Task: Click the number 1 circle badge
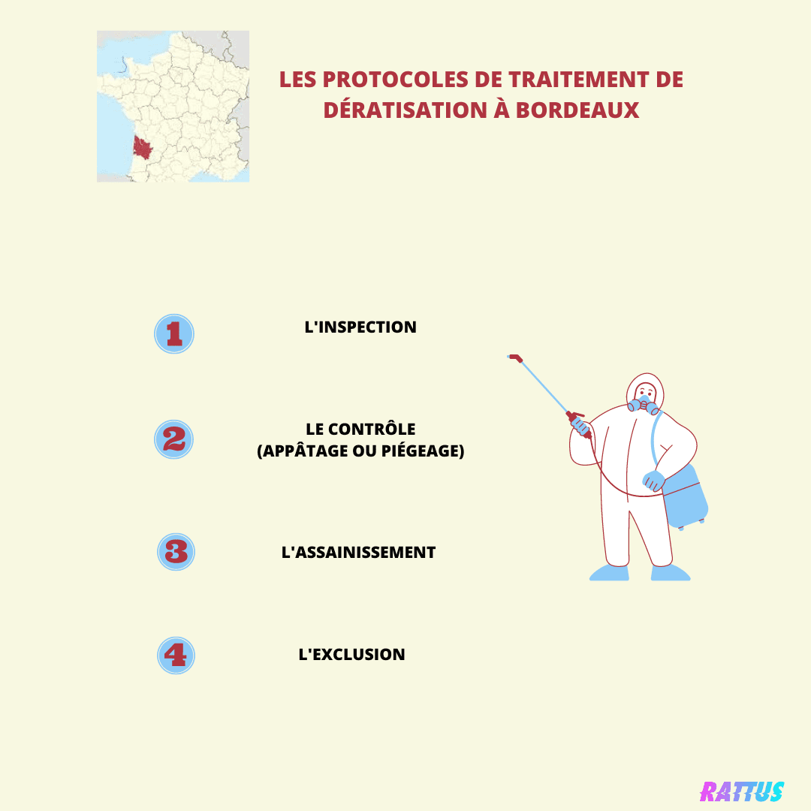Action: (174, 333)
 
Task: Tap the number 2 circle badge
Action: (173, 439)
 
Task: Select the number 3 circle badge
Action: (176, 552)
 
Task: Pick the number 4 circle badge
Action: (176, 656)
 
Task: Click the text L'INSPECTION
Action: (360, 327)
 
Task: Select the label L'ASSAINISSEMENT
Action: (358, 553)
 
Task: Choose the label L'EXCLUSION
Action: (351, 654)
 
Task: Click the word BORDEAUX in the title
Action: (577, 110)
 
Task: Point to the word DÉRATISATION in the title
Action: (405, 110)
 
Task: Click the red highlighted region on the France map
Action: (142, 147)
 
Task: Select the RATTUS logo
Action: (742, 791)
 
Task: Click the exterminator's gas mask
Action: (644, 404)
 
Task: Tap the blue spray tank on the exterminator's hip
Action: (685, 496)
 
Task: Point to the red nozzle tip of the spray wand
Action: (515, 357)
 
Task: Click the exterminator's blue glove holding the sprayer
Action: (580, 427)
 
